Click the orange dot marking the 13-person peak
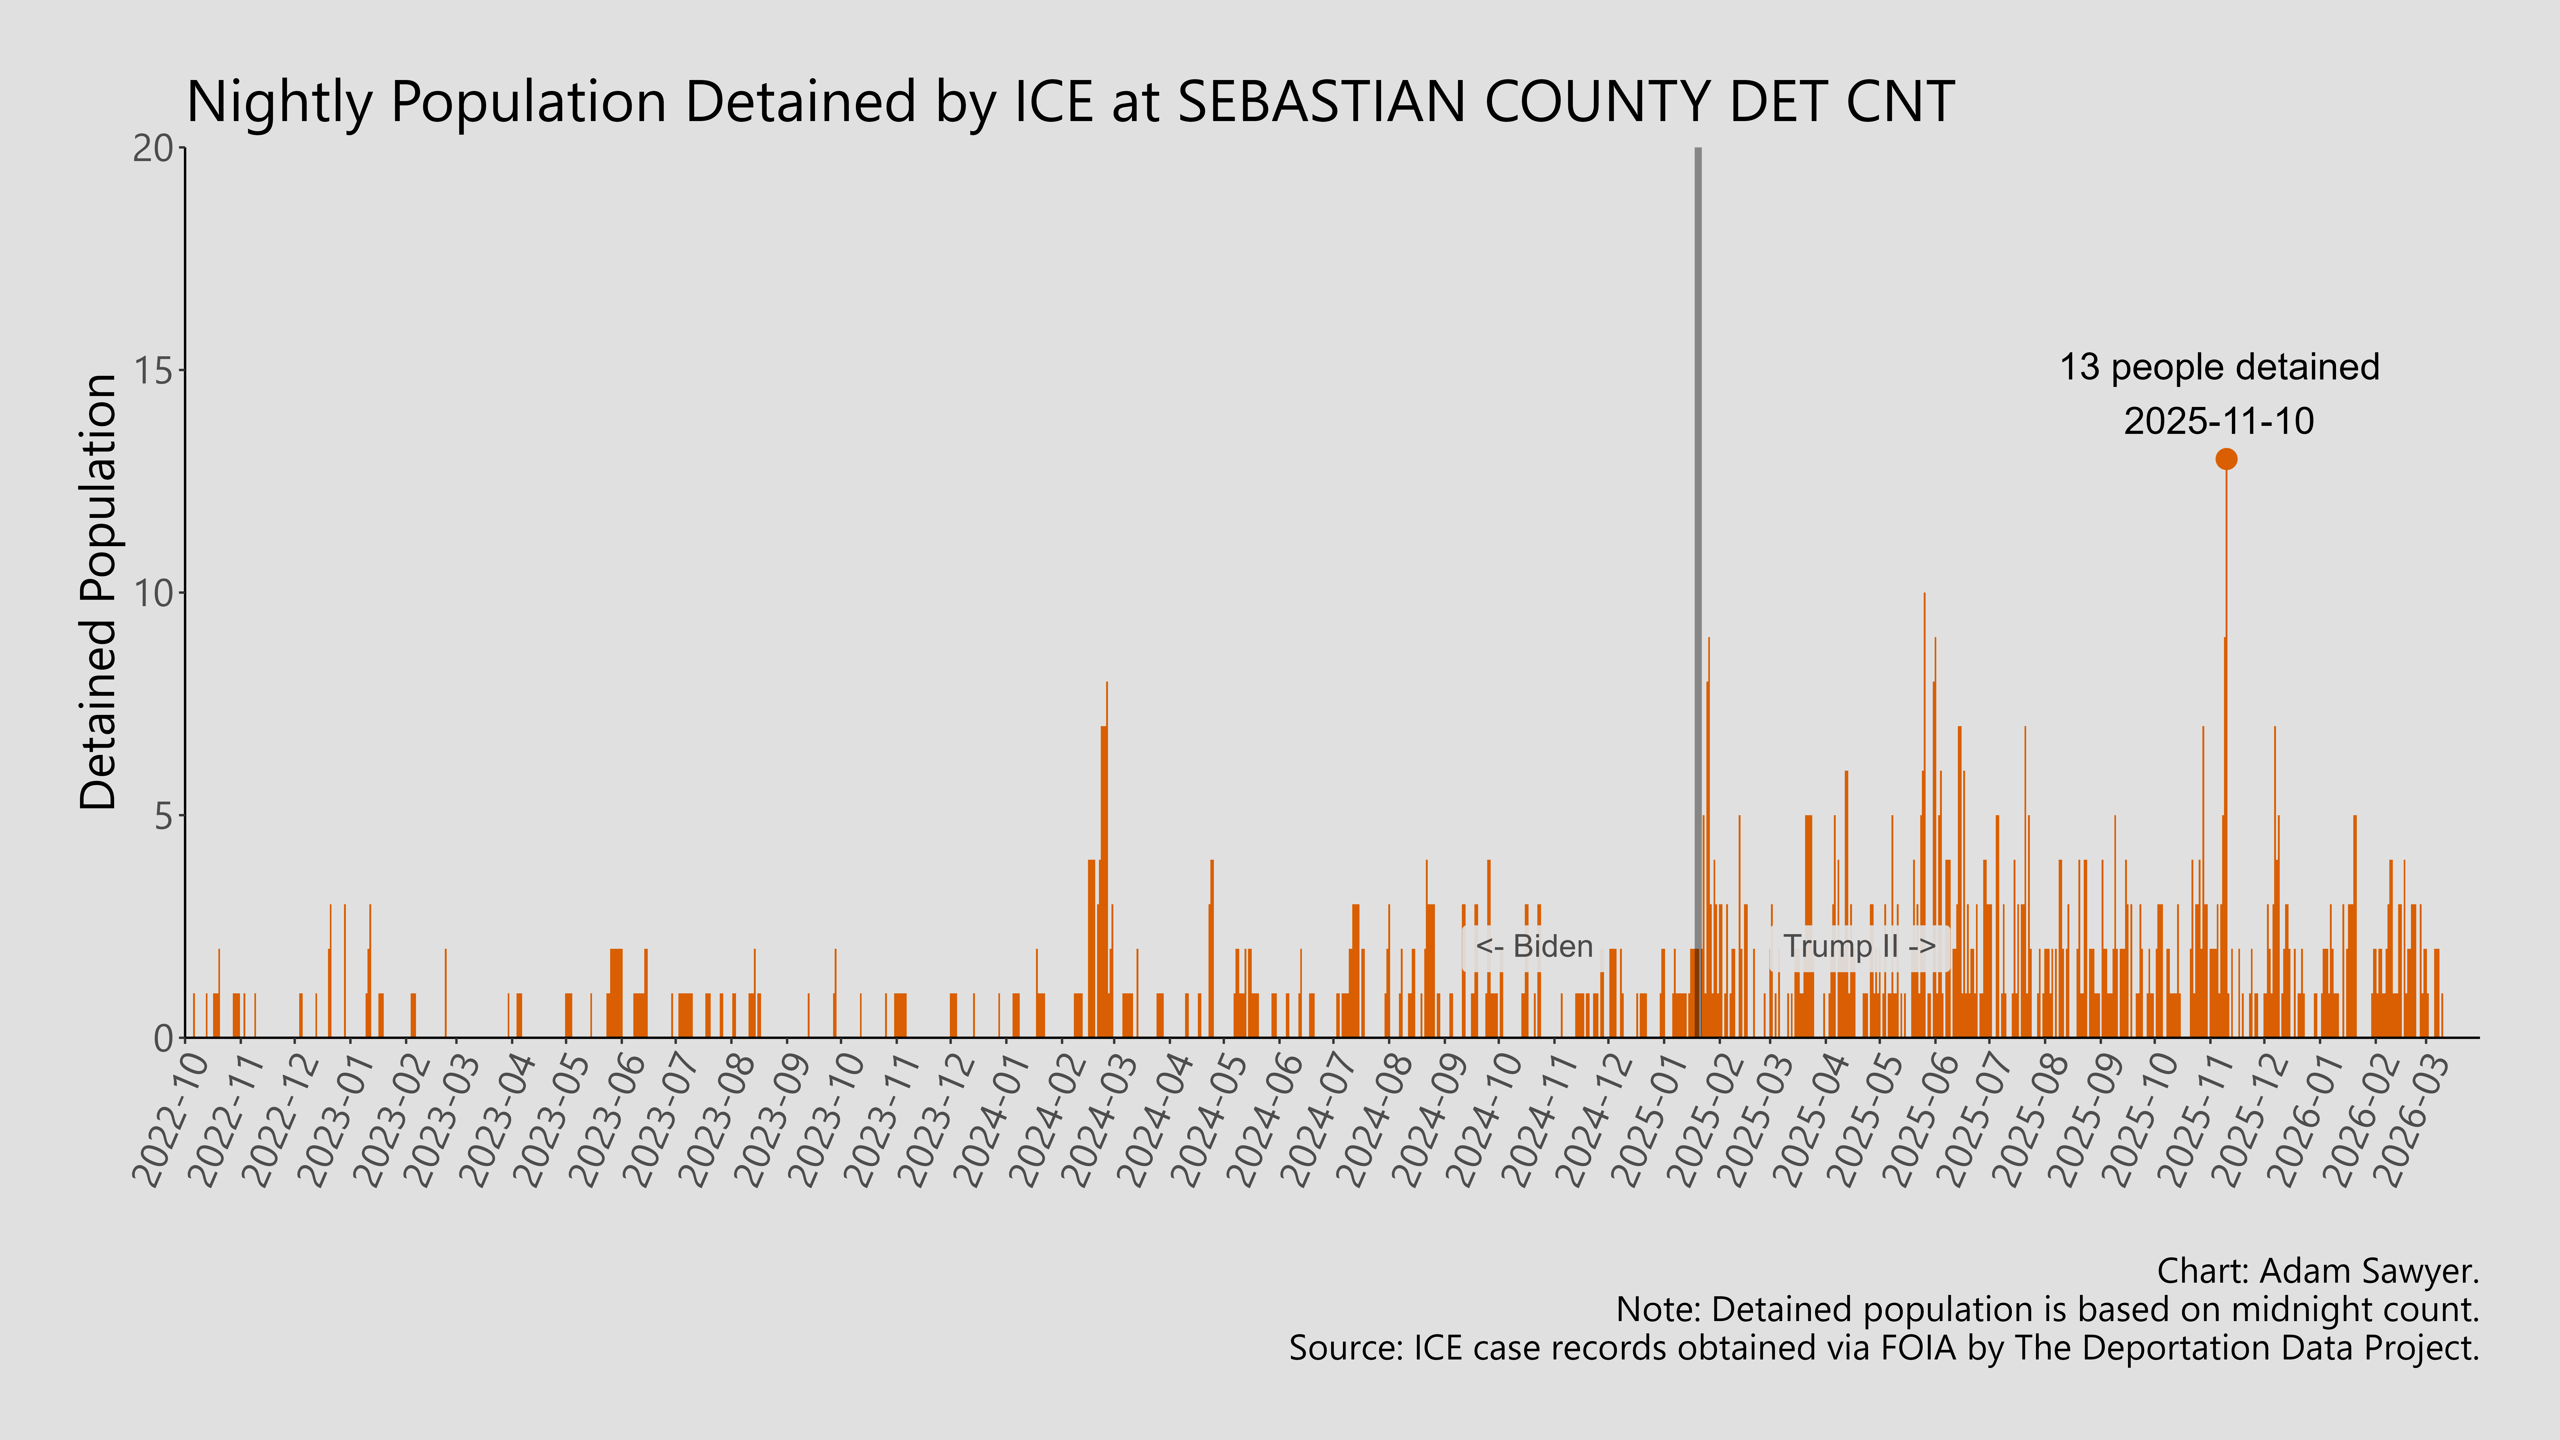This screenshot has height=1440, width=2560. [x=2226, y=459]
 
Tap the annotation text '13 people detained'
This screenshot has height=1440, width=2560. [x=2219, y=368]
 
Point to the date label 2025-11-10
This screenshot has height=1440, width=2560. [x=2219, y=421]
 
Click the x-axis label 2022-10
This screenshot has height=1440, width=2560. [x=171, y=1121]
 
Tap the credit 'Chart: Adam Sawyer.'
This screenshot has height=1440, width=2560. [x=2318, y=1271]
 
